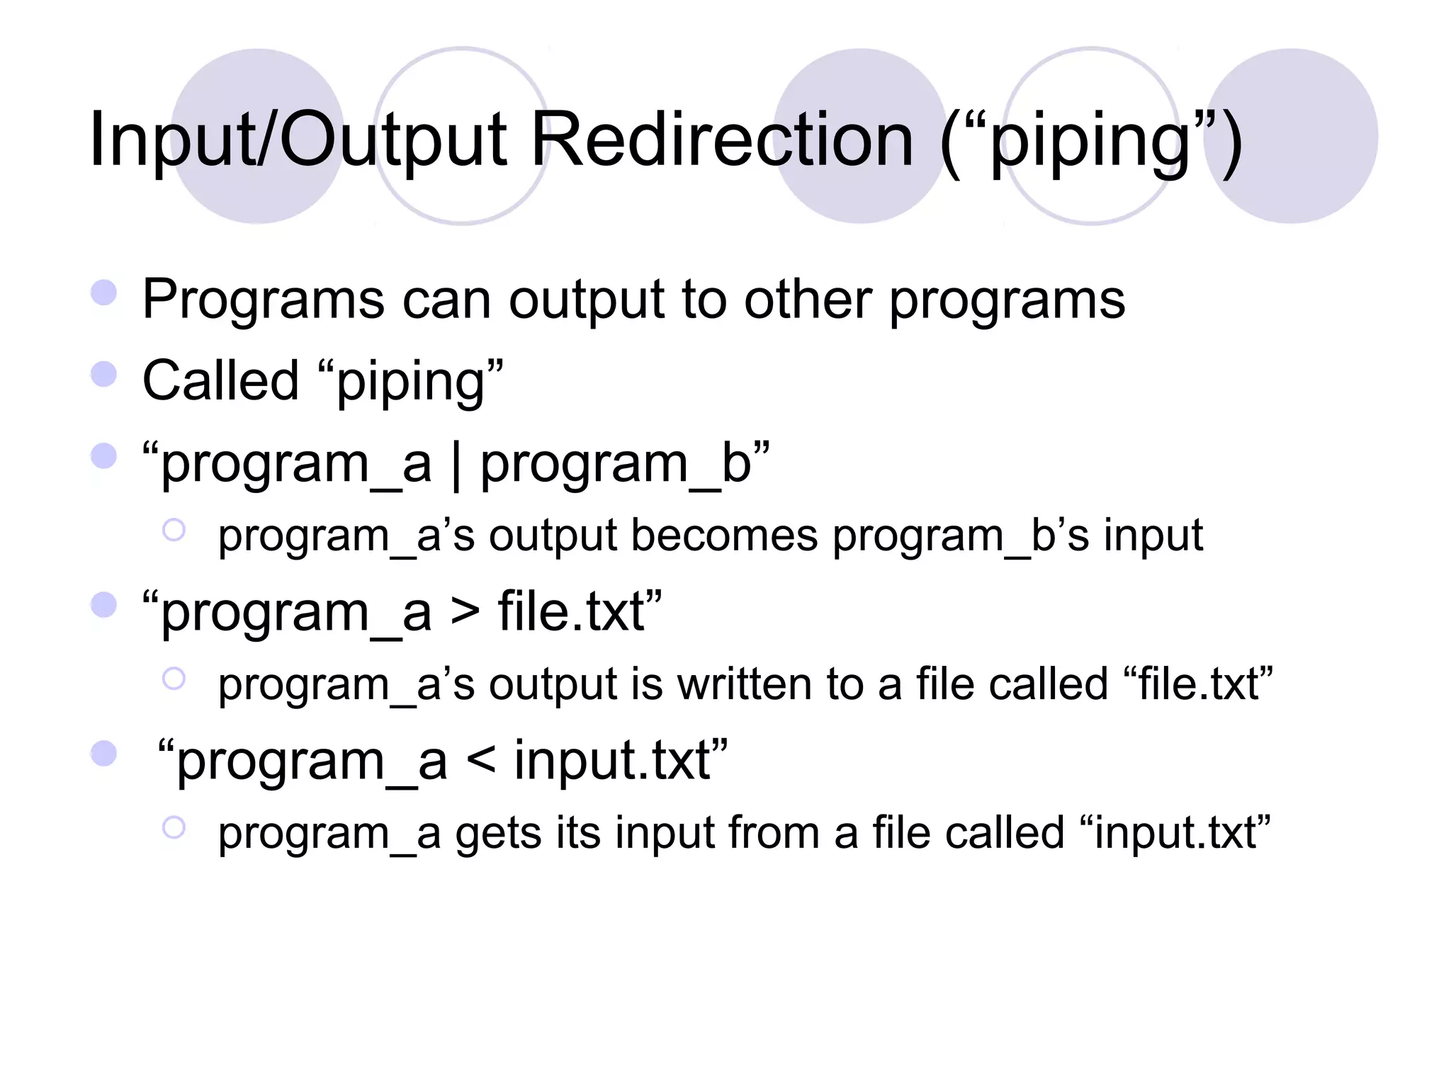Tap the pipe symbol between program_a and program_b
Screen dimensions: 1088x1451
click(x=456, y=466)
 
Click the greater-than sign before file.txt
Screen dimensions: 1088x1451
click(x=465, y=611)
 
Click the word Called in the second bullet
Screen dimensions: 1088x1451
click(x=220, y=381)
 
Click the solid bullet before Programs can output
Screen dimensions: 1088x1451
click(x=104, y=293)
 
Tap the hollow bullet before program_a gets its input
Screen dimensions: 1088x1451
click(x=174, y=827)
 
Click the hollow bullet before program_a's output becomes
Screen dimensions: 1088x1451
click(x=174, y=530)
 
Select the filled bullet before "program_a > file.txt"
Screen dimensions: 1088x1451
click(x=104, y=605)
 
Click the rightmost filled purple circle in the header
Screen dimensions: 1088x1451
click(x=1292, y=136)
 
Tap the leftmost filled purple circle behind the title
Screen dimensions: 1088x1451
click(x=258, y=136)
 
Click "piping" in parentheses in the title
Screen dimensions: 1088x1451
click(x=1090, y=142)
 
